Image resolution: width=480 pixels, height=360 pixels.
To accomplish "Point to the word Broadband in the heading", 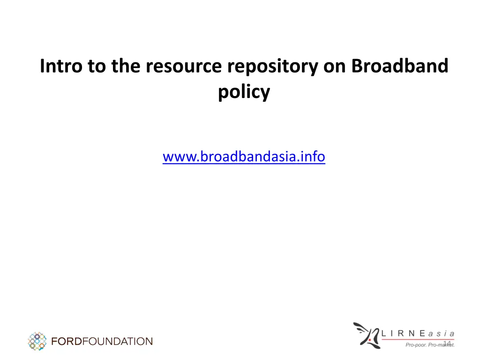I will pyautogui.click(x=400, y=66).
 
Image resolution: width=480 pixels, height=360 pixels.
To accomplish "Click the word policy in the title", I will pyautogui.click(x=244, y=92).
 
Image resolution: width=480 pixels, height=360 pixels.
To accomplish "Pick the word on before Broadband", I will pyautogui.click(x=335, y=66).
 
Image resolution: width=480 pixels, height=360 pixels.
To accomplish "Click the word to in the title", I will pyautogui.click(x=96, y=66).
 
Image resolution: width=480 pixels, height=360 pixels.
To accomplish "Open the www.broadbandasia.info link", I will pyautogui.click(x=244, y=157).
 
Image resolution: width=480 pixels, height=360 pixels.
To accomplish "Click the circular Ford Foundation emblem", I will pyautogui.click(x=37, y=341).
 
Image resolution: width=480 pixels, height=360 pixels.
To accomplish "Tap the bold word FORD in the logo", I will pyautogui.click(x=66, y=341).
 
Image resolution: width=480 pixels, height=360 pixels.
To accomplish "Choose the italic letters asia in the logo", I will pyautogui.click(x=441, y=333).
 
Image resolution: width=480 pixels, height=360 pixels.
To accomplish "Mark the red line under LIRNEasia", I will pyautogui.click(x=417, y=339).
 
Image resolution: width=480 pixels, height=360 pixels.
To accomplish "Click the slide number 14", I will pyautogui.click(x=447, y=344).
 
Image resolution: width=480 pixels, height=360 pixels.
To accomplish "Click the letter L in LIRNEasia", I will pyautogui.click(x=384, y=333).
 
